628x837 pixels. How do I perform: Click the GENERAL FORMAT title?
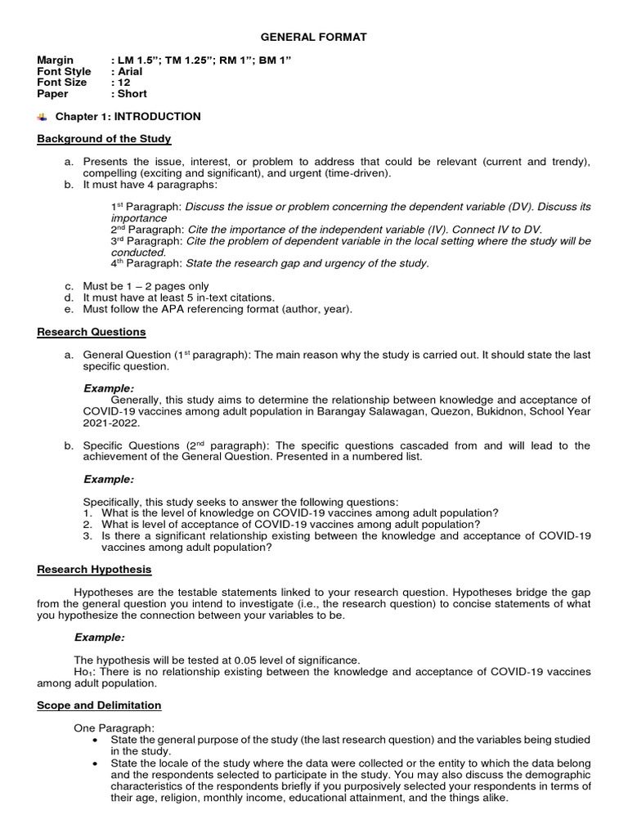coord(313,37)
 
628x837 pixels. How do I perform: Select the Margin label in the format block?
coord(55,60)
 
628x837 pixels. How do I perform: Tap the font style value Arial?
coord(129,72)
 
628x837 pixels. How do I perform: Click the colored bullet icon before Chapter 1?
coord(43,117)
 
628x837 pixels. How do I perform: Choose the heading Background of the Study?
coord(104,139)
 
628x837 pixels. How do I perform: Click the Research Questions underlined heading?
coord(92,332)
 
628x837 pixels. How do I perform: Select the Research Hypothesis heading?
coord(94,569)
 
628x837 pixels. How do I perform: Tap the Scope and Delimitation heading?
coord(99,705)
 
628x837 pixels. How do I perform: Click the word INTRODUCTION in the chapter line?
coord(157,117)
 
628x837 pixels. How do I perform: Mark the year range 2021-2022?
coord(111,423)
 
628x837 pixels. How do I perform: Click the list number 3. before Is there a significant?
coord(88,535)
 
